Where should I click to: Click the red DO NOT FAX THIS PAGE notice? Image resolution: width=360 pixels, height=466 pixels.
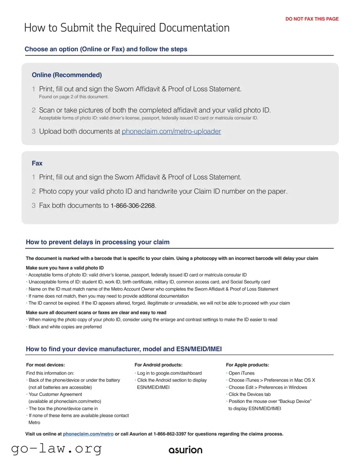(x=312, y=19)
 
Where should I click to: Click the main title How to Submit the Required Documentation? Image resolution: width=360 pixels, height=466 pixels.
(x=127, y=28)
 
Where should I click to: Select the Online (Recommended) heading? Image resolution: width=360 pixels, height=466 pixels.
(x=67, y=75)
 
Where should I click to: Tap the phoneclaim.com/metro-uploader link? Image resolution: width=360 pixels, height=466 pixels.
(x=171, y=131)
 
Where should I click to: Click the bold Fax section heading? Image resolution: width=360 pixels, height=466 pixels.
(x=37, y=163)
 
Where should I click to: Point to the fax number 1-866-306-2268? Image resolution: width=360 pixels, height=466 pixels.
(x=133, y=206)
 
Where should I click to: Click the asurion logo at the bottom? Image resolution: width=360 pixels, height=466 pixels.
(x=186, y=450)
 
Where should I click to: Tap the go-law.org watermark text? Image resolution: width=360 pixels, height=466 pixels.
(x=56, y=449)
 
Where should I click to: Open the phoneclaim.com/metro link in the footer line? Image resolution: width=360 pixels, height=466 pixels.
(x=88, y=434)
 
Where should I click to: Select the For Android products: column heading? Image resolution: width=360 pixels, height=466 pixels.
(x=158, y=365)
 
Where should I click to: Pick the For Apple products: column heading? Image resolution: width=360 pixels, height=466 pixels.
(x=247, y=365)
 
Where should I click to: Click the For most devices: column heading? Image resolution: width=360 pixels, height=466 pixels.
(x=46, y=365)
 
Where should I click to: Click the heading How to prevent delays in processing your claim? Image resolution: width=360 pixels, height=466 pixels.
(x=98, y=242)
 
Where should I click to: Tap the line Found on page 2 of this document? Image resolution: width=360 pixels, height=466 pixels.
(x=74, y=97)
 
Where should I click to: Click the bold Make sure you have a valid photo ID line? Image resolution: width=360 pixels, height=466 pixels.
(x=65, y=268)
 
